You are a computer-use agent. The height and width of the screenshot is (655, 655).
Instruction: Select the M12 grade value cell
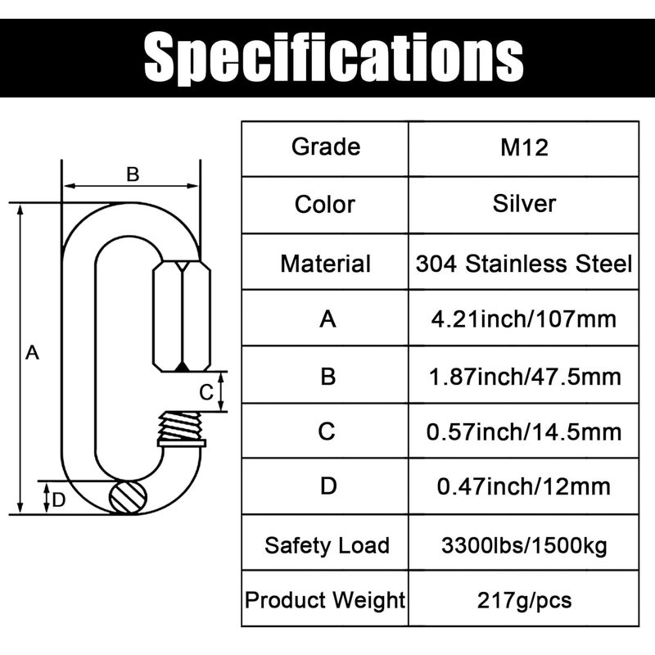[x=524, y=147]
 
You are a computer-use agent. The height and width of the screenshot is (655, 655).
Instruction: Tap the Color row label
[x=325, y=204]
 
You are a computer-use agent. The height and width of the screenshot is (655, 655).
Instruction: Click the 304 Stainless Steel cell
[x=524, y=264]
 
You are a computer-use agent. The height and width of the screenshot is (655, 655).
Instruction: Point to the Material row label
[x=325, y=264]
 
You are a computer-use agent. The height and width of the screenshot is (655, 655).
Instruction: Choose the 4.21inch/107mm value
[x=524, y=318]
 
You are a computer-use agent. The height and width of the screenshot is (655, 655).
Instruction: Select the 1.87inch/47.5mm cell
[x=524, y=377]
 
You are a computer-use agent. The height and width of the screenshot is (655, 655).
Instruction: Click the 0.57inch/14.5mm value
[x=524, y=431]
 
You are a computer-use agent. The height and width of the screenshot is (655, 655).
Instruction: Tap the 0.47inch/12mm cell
[x=524, y=486]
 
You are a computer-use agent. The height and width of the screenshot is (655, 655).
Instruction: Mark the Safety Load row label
[x=327, y=545]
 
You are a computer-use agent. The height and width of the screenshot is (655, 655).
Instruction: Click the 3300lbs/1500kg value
[x=524, y=545]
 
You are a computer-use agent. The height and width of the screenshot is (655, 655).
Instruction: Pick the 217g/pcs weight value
[x=524, y=601]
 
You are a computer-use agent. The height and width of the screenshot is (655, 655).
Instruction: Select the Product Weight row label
[x=325, y=601]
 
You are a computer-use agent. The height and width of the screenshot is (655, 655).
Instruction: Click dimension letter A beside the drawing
[x=32, y=353]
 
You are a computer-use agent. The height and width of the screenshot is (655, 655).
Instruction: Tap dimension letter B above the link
[x=132, y=174]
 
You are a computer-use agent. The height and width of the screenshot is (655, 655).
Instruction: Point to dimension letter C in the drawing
[x=207, y=391]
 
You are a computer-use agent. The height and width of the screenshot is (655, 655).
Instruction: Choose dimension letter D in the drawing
[x=58, y=500]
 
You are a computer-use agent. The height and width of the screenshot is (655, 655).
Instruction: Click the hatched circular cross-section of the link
[x=129, y=497]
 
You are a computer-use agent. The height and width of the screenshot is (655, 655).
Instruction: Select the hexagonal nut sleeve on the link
[x=181, y=315]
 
